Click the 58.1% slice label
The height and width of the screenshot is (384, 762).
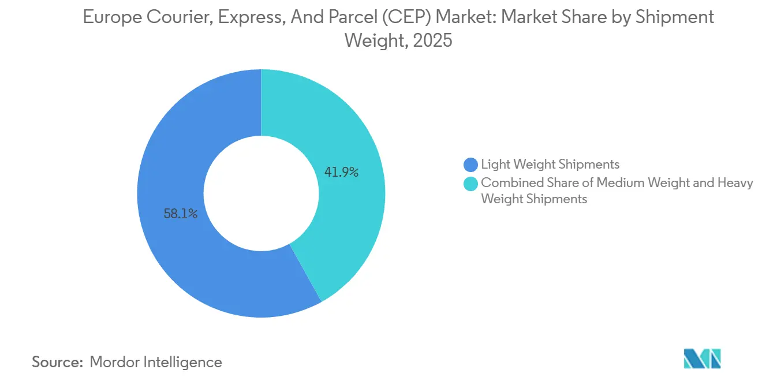coord(181,214)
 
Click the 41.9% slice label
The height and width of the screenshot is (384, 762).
coord(342,172)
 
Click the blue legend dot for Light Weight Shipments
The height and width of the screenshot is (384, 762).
coord(471,165)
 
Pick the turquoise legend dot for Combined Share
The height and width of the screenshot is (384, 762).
coord(471,184)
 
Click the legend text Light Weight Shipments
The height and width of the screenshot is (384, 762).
coord(550,165)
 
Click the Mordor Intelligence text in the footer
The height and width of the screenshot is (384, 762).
coord(156,362)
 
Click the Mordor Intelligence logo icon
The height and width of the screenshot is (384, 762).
coord(702,359)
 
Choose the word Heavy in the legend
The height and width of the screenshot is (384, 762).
coord(734,183)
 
